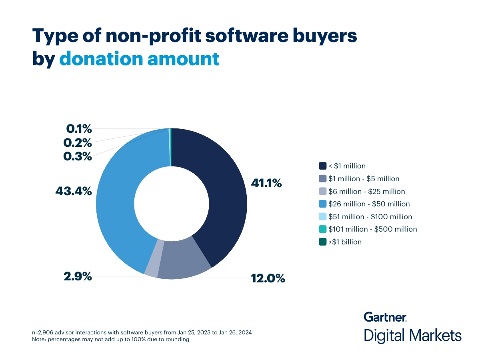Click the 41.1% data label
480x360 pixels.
[x=266, y=184]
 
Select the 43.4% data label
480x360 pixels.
[x=74, y=192]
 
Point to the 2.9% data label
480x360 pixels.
[x=78, y=276]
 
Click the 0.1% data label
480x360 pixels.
[x=79, y=129]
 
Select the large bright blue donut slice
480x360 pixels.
[x=120, y=200]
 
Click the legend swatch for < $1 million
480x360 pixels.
[x=322, y=166]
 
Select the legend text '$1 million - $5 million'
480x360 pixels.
[x=364, y=179]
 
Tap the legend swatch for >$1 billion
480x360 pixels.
[x=322, y=242]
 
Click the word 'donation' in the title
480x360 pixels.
[x=101, y=59]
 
